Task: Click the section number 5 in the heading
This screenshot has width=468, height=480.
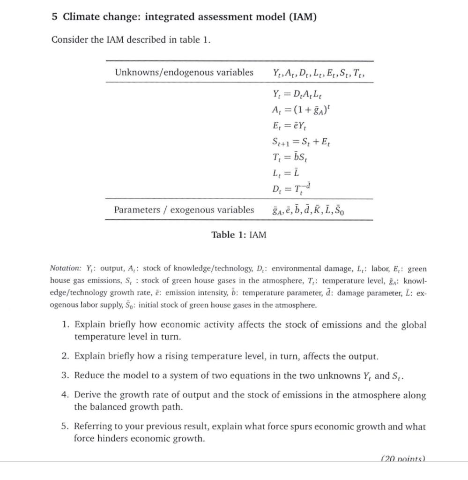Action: tap(54, 17)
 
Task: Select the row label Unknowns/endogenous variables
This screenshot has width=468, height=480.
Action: tap(184, 72)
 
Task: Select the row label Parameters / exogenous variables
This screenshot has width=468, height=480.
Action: tap(184, 210)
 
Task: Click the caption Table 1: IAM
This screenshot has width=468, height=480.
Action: tap(238, 235)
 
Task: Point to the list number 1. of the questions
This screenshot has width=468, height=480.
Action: tap(66, 325)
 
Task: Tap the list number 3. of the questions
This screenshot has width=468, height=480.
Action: tap(66, 375)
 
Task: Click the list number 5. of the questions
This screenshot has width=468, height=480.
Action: tap(66, 427)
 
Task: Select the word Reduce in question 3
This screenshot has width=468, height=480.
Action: tap(89, 375)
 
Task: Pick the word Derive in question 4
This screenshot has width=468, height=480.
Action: tap(88, 395)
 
